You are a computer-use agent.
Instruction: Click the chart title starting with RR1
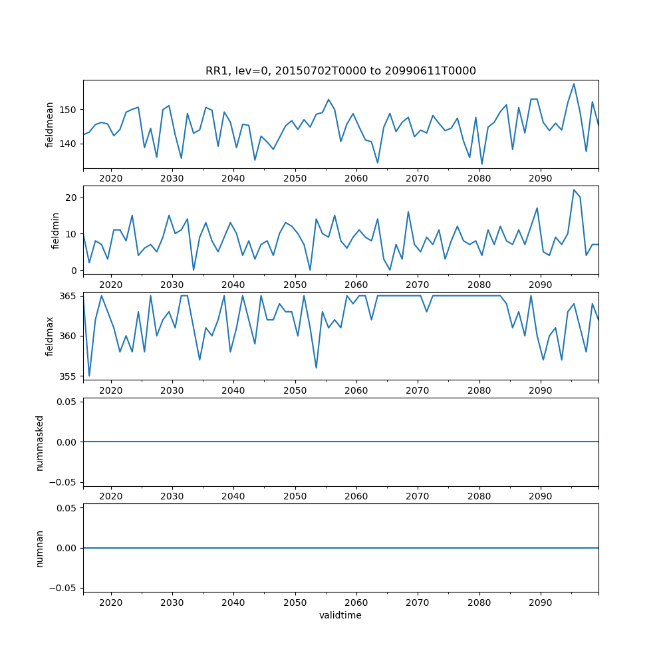(340, 71)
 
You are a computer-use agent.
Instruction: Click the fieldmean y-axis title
(50, 124)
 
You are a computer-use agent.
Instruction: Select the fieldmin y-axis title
(56, 230)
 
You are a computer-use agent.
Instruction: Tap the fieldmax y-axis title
(50, 336)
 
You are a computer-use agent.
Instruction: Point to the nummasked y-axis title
(40, 442)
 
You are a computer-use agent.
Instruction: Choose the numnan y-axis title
(40, 548)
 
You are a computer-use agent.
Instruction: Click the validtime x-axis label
(340, 615)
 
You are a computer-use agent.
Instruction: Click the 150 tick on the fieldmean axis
(70, 109)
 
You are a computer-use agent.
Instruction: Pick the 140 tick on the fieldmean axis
(70, 144)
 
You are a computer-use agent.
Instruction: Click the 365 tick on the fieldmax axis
(70, 296)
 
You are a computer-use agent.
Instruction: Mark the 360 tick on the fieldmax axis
(70, 336)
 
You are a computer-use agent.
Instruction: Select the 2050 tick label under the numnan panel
(295, 602)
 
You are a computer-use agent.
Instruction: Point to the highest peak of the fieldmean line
(574, 84)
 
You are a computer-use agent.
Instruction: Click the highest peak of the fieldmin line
(574, 190)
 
